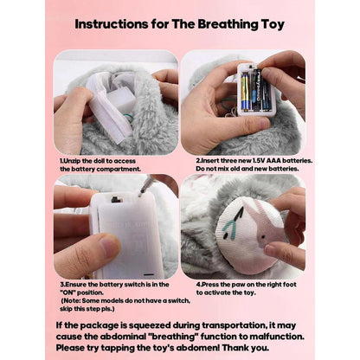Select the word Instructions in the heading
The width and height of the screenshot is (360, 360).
tap(112, 24)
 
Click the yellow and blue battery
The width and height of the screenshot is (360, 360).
tap(245, 92)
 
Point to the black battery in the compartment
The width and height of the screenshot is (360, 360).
tap(256, 90)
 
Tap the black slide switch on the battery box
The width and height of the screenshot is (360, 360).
tap(115, 199)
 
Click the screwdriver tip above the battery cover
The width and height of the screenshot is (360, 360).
tap(140, 194)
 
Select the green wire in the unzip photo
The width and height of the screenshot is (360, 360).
tap(129, 119)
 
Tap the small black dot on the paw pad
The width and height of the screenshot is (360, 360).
tap(263, 236)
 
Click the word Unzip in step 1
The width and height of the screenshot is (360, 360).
tap(72, 161)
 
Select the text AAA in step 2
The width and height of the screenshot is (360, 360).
tap(274, 160)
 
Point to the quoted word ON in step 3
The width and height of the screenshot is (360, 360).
tap(68, 292)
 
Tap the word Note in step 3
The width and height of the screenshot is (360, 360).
tap(72, 300)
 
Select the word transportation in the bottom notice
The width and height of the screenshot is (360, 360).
tap(234, 325)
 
